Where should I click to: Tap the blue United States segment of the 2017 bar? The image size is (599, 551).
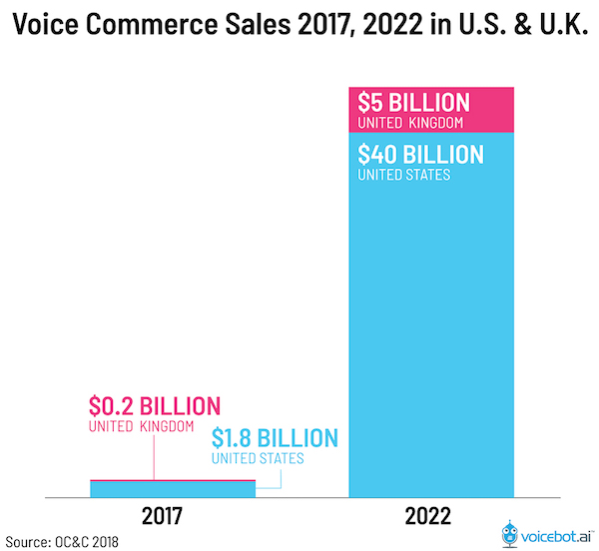(x=172, y=488)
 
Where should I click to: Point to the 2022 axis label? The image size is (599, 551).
(x=431, y=517)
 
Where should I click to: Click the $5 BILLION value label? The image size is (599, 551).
(x=413, y=103)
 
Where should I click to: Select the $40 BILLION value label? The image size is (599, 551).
(x=420, y=155)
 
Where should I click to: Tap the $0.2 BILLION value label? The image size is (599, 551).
(x=154, y=406)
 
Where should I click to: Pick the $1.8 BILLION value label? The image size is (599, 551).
(x=275, y=438)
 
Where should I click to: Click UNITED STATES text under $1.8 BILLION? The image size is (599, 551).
(x=258, y=459)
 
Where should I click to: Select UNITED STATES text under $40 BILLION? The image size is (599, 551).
(x=403, y=176)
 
